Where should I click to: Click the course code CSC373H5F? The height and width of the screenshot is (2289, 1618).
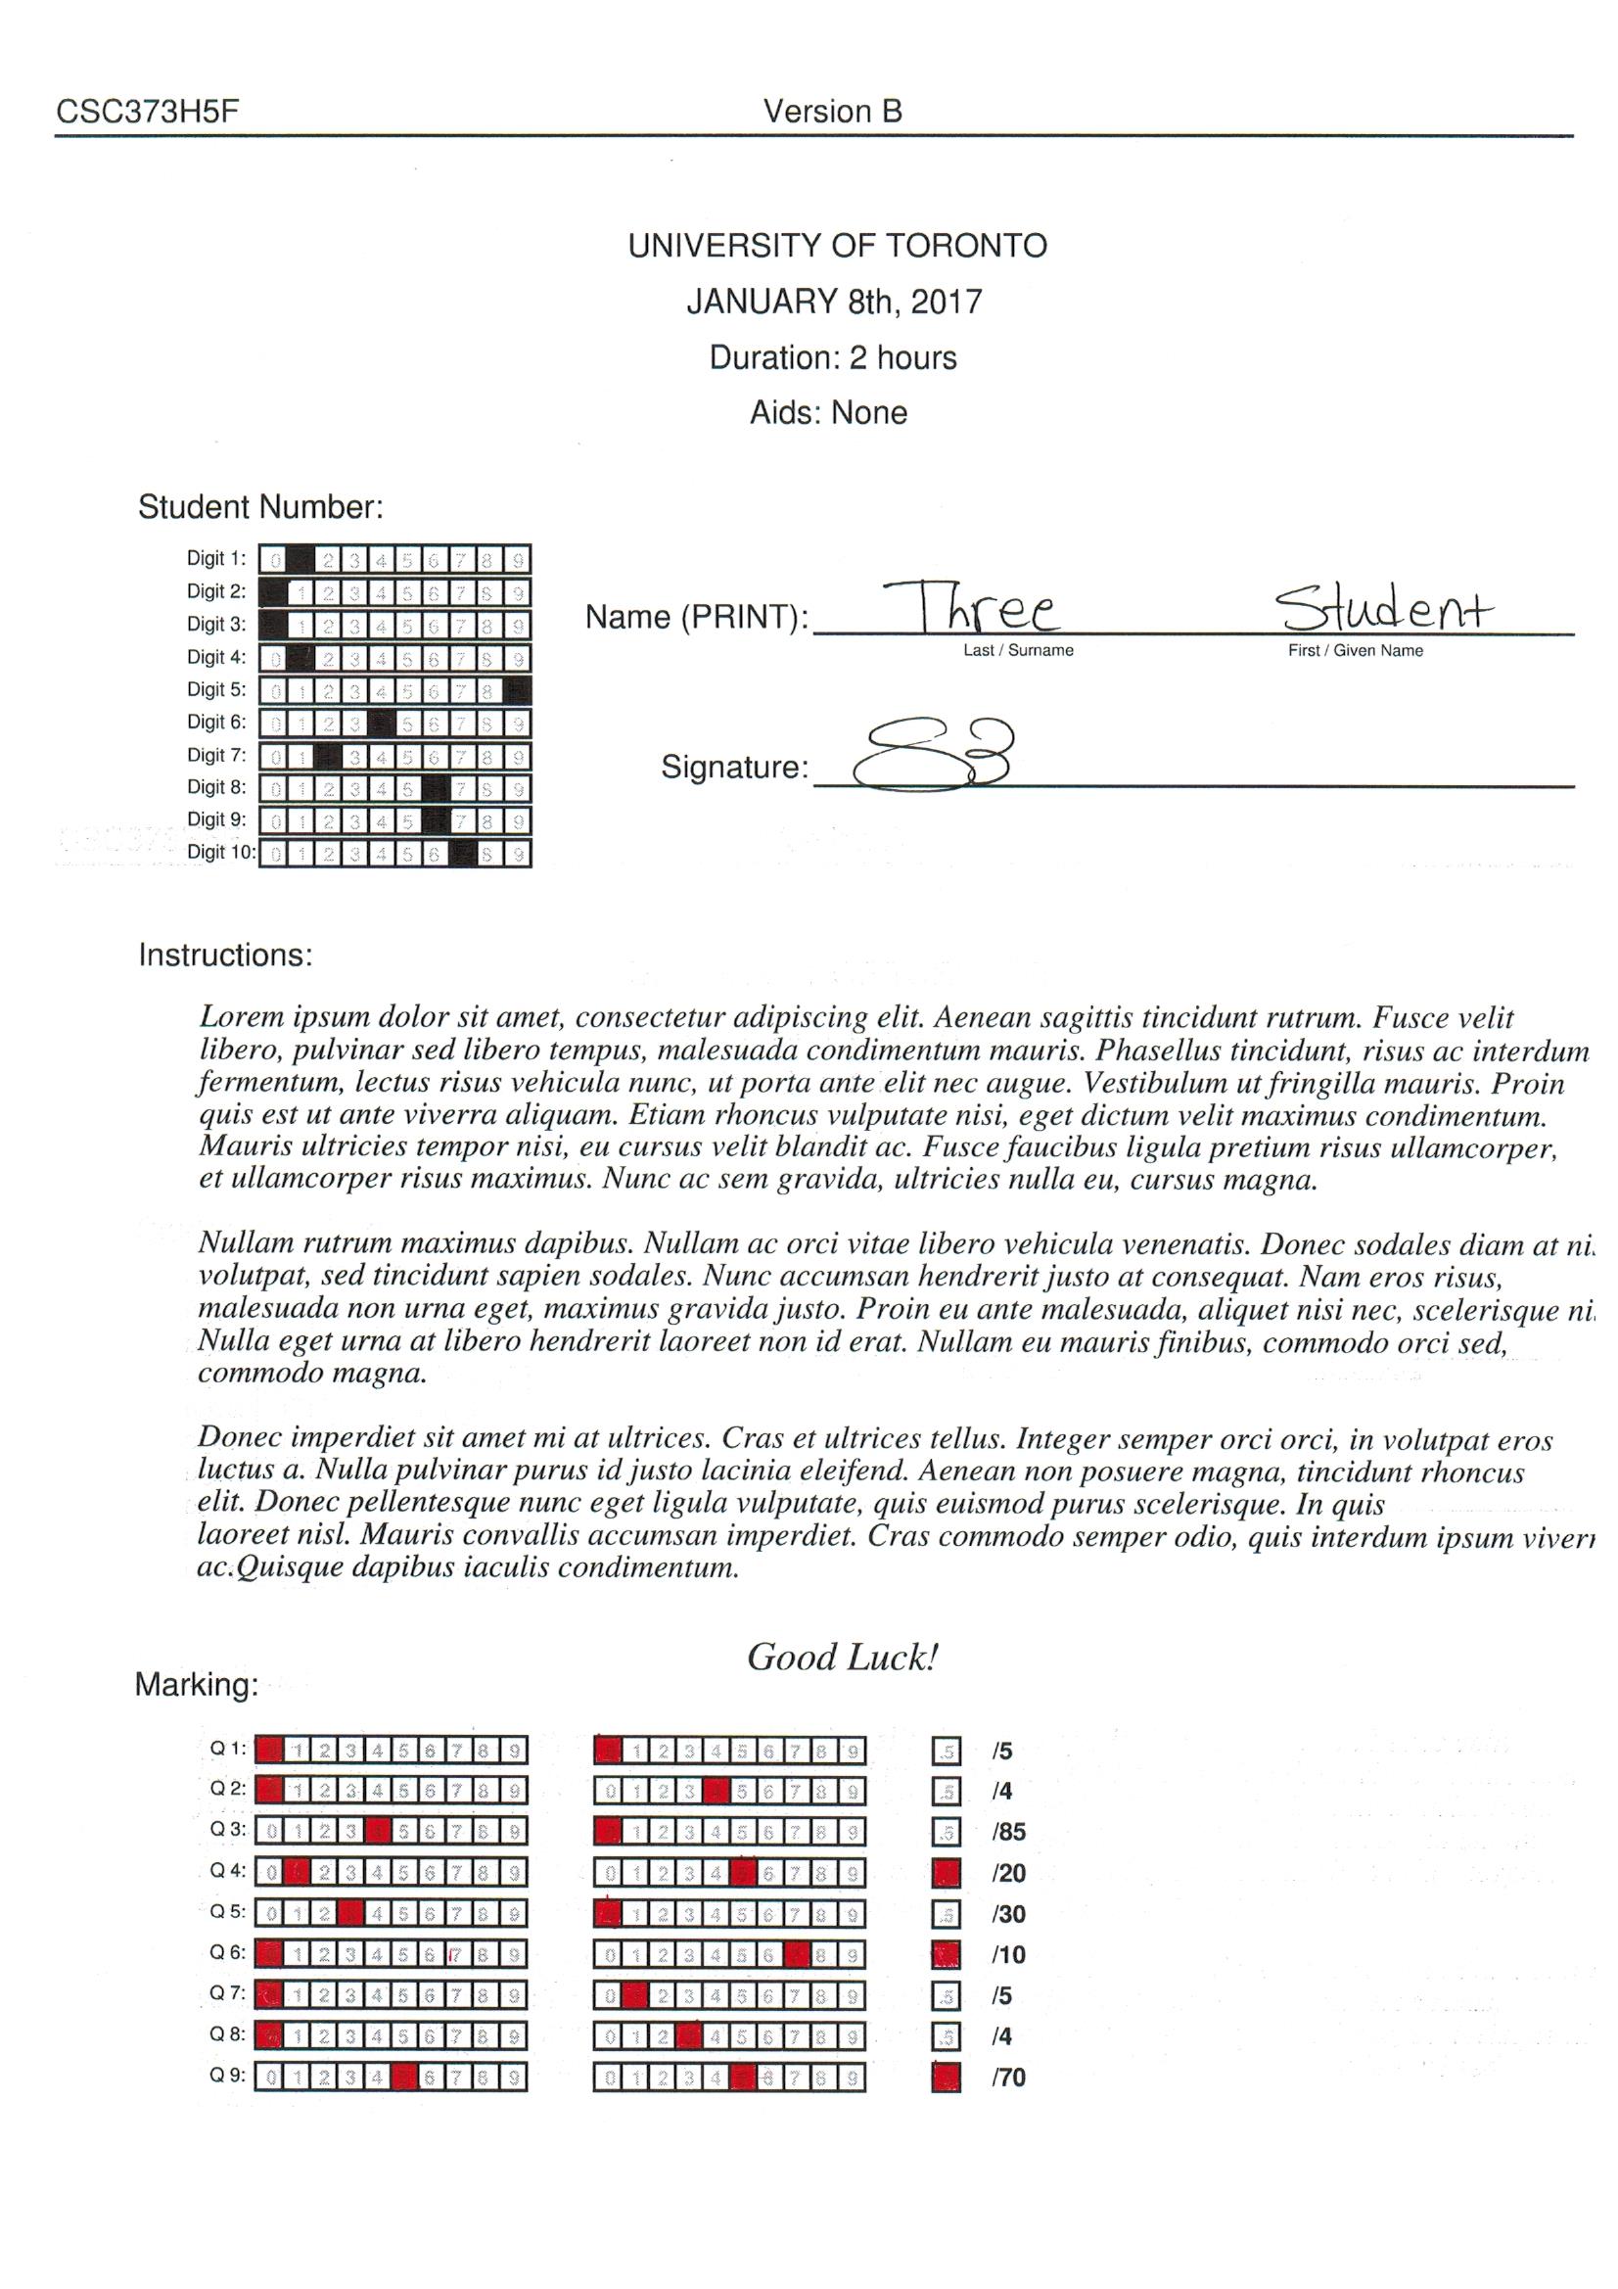pos(148,111)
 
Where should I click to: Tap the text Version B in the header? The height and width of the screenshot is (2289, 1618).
pos(832,111)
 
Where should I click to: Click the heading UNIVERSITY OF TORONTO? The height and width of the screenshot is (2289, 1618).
pos(838,245)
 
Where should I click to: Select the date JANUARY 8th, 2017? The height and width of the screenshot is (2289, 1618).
pos(834,302)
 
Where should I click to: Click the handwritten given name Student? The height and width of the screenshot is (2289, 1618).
pos(1386,607)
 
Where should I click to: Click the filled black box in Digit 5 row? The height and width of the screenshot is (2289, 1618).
pos(518,690)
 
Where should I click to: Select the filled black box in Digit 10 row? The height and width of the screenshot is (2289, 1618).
pos(463,854)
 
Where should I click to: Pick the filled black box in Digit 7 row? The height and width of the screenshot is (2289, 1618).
pos(327,756)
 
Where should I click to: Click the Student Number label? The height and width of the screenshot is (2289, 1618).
pos(260,506)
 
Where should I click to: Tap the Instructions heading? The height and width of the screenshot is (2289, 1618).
pos(225,956)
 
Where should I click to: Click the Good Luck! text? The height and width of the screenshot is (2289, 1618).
pos(843,1657)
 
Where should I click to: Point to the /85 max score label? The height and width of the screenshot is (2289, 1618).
pos(1008,1832)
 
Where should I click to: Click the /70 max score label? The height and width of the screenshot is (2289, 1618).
pos(1008,2078)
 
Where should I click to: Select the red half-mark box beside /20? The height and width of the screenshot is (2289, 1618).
pos(947,1873)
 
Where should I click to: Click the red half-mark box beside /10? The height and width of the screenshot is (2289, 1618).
pos(947,1955)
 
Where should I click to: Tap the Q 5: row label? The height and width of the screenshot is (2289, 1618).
pos(226,1911)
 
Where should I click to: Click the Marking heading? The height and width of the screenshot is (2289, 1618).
pos(197,1685)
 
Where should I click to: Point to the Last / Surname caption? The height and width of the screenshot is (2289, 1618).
pos(1018,650)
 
